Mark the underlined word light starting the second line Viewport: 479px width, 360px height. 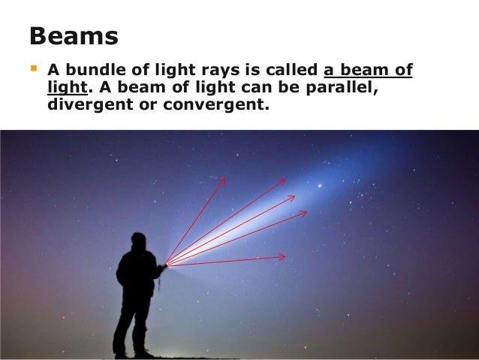(63, 89)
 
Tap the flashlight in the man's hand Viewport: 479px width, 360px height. (162, 265)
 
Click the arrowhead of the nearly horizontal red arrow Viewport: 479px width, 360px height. (282, 257)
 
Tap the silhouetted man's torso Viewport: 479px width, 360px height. (137, 274)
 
